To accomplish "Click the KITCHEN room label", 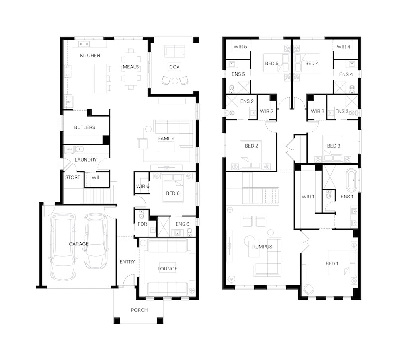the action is pyautogui.click(x=90, y=56).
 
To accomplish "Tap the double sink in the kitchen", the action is pyautogui.click(x=84, y=44).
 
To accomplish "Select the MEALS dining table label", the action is pyautogui.click(x=131, y=67).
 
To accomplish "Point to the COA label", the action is pyautogui.click(x=174, y=67).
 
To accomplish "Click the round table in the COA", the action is pyautogui.click(x=175, y=81).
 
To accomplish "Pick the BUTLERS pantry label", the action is pyautogui.click(x=84, y=127).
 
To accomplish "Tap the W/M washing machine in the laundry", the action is pyautogui.click(x=69, y=150).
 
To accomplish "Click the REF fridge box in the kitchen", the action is pyautogui.click(x=68, y=102).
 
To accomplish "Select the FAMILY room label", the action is pyautogui.click(x=166, y=138).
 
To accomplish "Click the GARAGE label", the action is pyautogui.click(x=79, y=244).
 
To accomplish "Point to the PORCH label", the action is pyautogui.click(x=139, y=310).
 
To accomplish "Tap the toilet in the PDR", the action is pyautogui.click(x=142, y=215).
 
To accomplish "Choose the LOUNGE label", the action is pyautogui.click(x=167, y=269).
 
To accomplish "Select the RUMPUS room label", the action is pyautogui.click(x=262, y=247).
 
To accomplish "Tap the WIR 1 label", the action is pyautogui.click(x=308, y=197).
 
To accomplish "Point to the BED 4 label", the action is pyautogui.click(x=312, y=63).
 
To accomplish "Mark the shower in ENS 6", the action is pyautogui.click(x=164, y=227).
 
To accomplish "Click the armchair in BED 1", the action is pyautogui.click(x=309, y=289).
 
